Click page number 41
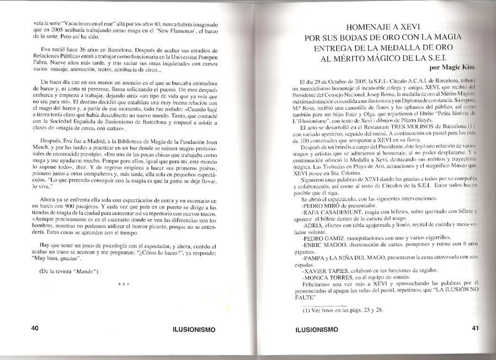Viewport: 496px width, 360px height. point(475,328)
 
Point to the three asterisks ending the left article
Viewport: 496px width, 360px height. point(124,284)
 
